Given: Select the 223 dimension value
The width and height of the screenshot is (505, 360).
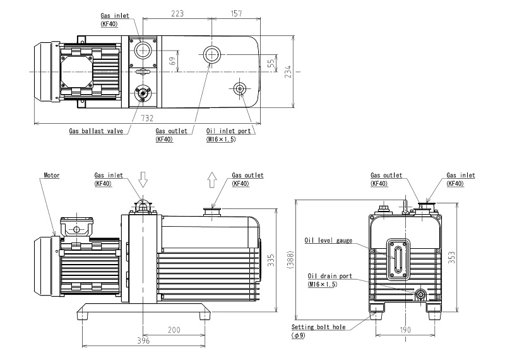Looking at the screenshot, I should coord(177,13).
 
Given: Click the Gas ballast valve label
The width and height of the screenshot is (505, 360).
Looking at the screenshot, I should coord(96,131).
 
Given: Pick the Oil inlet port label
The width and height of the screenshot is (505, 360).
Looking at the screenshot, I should coord(229,131).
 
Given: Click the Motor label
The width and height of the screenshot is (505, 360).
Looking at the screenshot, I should coord(52,175).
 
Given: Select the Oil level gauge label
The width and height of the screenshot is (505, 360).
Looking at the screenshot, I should coord(328,241).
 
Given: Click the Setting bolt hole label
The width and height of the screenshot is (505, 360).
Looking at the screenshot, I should coord(318,328).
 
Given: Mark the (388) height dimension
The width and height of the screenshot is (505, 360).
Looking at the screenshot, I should coord(287,259).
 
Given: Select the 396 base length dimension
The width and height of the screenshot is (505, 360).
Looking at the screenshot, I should coord(143,341).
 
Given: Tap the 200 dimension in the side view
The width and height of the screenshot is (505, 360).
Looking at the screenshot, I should coord(175,329).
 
